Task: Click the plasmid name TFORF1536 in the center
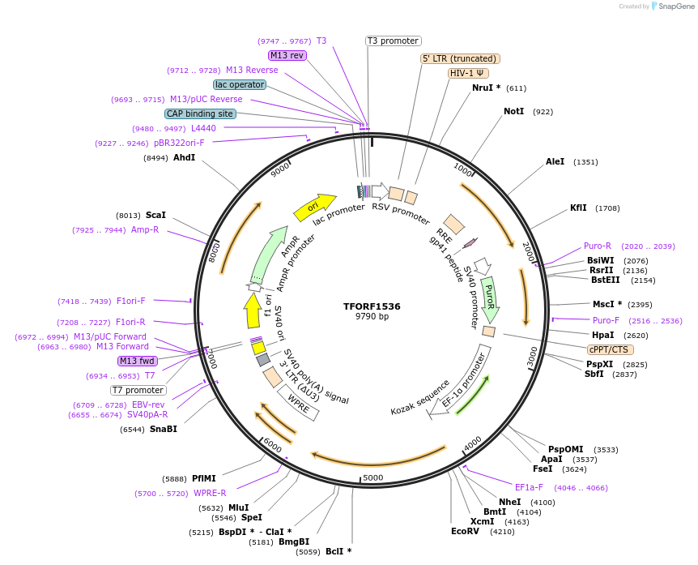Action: click(372, 306)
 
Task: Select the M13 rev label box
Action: click(287, 55)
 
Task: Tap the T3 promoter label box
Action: click(393, 41)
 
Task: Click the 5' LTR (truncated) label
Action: click(460, 58)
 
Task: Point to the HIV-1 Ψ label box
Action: click(468, 73)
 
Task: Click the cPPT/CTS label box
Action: click(608, 349)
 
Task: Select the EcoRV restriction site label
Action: click(465, 532)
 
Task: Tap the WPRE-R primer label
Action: click(210, 493)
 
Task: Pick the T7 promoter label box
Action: click(138, 390)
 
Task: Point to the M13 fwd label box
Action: click(138, 361)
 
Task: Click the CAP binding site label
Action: click(200, 113)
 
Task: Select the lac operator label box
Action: click(239, 84)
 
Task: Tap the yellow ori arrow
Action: click(314, 207)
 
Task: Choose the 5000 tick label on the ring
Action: click(372, 477)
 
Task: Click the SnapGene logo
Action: click(674, 6)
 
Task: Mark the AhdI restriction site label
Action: click(184, 157)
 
